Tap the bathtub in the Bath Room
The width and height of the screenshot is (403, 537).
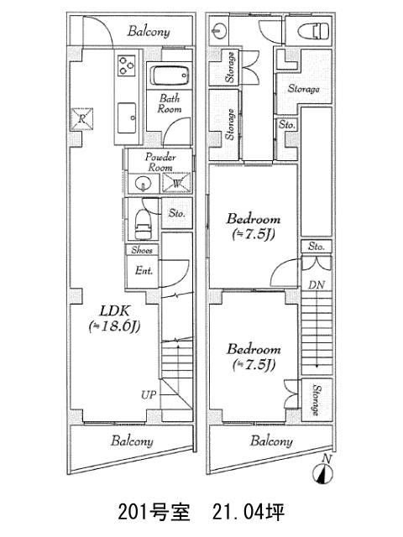[170, 76]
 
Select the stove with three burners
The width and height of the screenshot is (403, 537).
[127, 65]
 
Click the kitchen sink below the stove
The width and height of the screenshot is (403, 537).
[127, 118]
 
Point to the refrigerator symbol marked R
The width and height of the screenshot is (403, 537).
[81, 119]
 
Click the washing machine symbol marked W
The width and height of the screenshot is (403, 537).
[176, 183]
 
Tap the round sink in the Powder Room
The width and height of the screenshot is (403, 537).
[142, 185]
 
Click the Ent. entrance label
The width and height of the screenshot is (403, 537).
[144, 270]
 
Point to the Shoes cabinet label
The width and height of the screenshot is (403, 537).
[142, 250]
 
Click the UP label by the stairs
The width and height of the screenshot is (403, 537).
[149, 395]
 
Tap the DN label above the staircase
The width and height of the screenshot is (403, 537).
[317, 284]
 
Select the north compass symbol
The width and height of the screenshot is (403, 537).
[322, 472]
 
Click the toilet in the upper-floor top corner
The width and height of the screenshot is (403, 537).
[313, 31]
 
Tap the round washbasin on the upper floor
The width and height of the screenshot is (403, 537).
[218, 31]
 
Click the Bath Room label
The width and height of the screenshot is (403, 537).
[170, 103]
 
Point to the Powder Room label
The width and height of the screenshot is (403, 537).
[160, 162]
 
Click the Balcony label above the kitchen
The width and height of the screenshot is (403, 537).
[149, 32]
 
